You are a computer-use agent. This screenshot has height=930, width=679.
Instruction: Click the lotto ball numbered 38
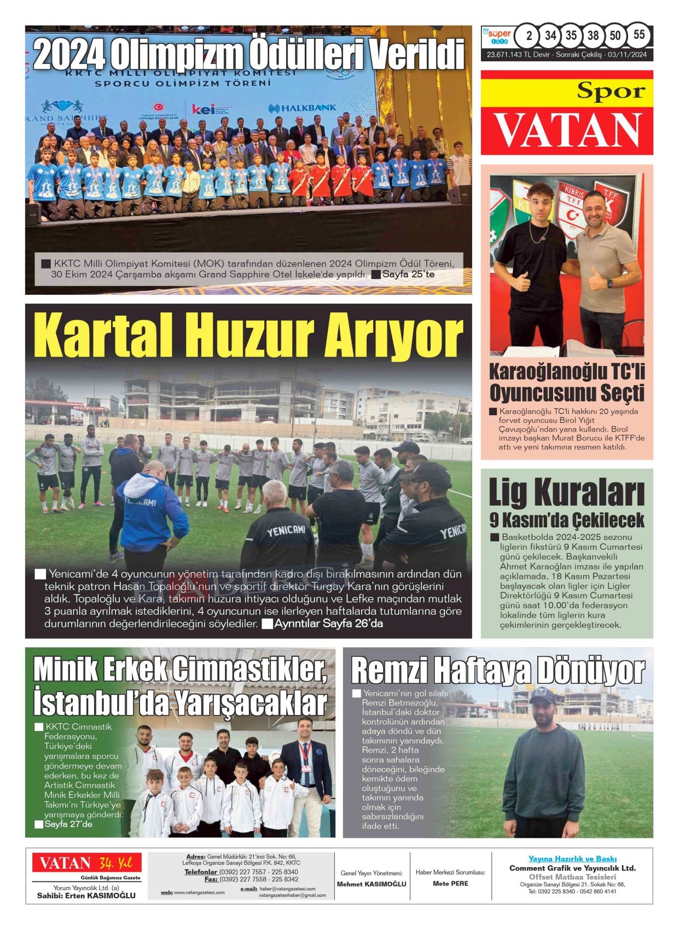coord(593,36)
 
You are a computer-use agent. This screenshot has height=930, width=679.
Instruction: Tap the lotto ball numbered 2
coord(528,36)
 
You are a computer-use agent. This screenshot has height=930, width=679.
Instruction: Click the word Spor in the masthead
coord(611,91)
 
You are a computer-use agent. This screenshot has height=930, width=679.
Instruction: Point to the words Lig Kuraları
coord(566,492)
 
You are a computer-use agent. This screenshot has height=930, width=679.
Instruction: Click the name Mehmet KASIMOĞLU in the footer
coord(372,884)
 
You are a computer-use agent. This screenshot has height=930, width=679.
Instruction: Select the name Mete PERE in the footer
coord(450,884)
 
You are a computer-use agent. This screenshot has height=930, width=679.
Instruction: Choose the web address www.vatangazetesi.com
coord(199,892)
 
